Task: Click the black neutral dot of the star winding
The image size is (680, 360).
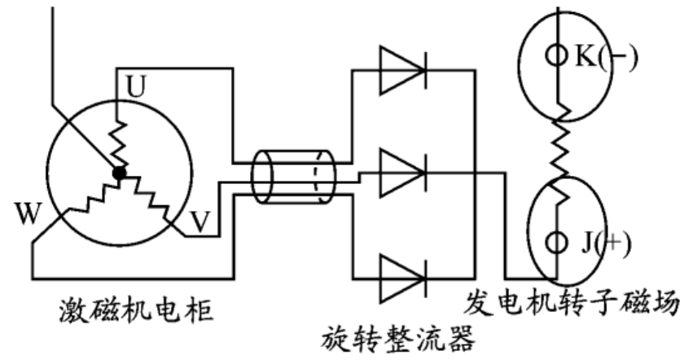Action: click(121, 172)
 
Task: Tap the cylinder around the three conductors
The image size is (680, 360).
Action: click(292, 175)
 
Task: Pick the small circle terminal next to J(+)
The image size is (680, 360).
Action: click(555, 242)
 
